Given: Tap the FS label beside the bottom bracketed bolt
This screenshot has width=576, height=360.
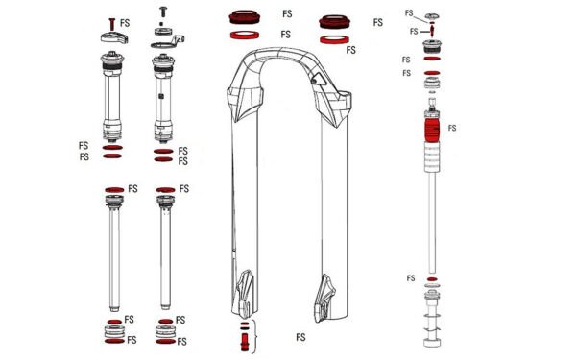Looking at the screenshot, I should pos(300,337).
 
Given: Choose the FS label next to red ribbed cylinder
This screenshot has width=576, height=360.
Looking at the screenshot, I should pos(452,127).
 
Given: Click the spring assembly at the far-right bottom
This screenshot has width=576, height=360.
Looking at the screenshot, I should pos(431,322).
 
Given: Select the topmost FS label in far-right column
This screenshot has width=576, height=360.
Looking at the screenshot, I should pos(410,13).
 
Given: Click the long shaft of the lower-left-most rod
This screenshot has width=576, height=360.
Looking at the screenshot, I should pos(114,259).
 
